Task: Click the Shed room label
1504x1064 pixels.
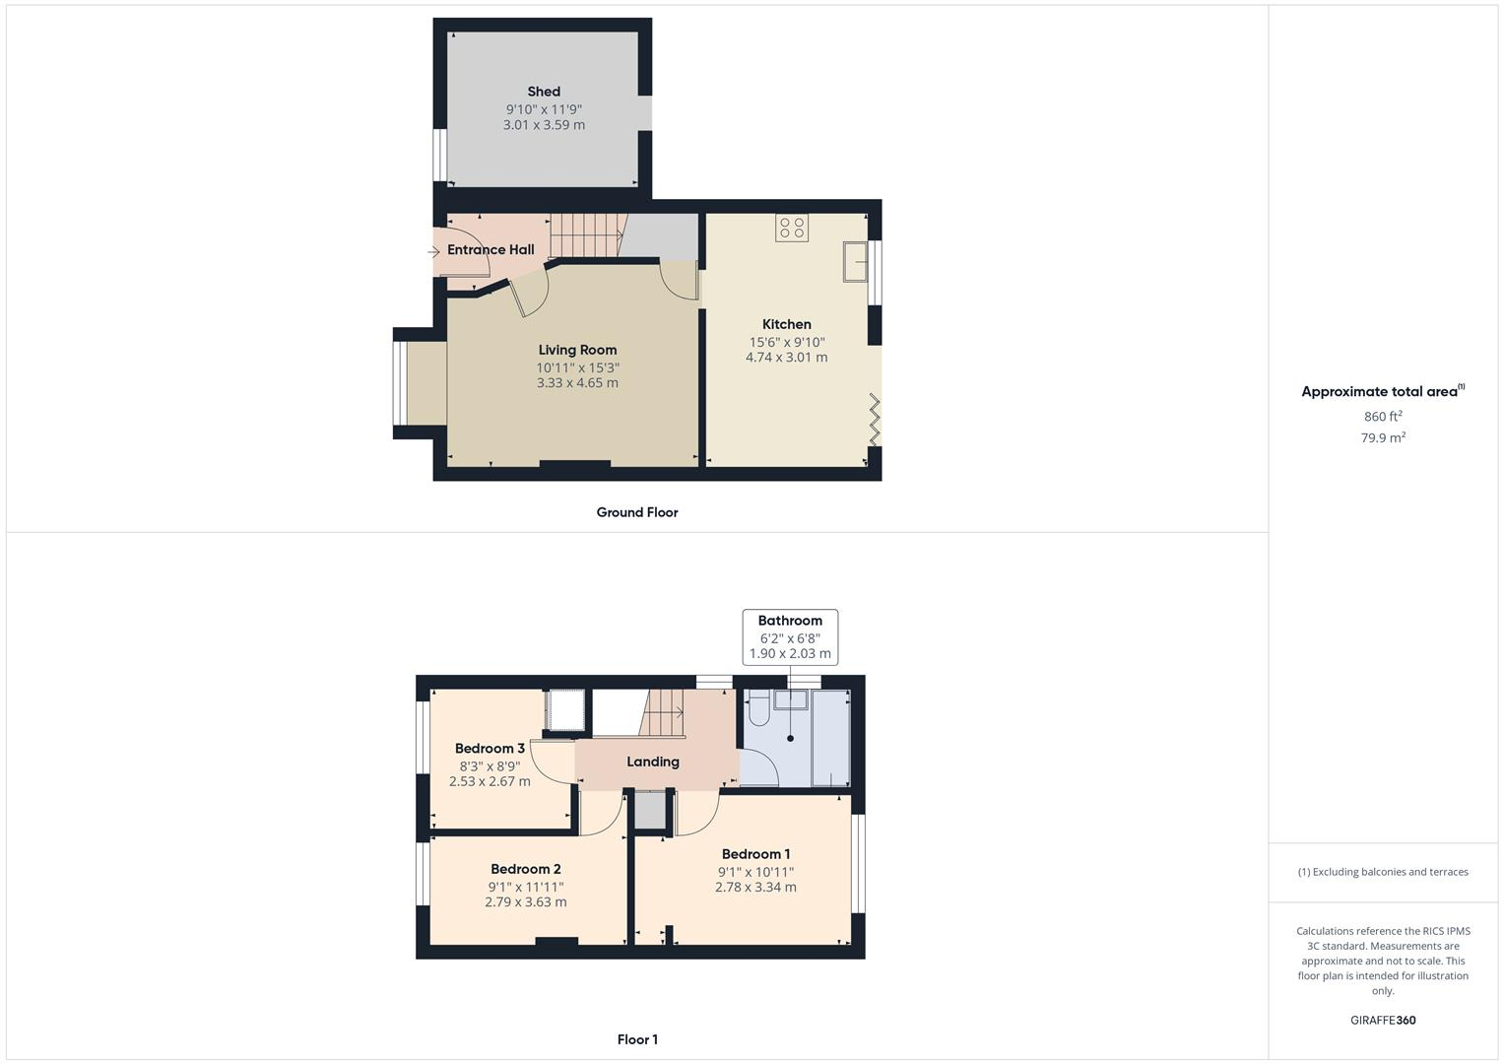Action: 544,92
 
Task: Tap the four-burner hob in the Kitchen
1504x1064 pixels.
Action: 792,228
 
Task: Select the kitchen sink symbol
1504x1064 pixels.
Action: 854,262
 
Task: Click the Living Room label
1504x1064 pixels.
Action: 577,350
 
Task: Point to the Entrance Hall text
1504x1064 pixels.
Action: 490,249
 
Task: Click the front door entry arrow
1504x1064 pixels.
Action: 433,252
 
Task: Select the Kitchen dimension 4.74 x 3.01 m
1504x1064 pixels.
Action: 786,358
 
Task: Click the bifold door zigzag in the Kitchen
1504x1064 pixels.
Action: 873,419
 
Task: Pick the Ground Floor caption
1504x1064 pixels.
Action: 637,512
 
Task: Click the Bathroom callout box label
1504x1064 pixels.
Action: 790,621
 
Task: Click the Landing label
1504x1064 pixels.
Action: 653,762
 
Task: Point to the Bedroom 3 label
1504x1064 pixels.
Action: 490,749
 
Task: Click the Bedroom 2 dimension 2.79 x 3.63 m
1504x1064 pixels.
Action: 525,901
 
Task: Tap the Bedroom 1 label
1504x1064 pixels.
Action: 755,854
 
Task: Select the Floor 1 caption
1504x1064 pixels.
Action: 637,1039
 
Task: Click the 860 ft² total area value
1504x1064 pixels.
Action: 1383,417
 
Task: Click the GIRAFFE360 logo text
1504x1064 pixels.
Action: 1383,1021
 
